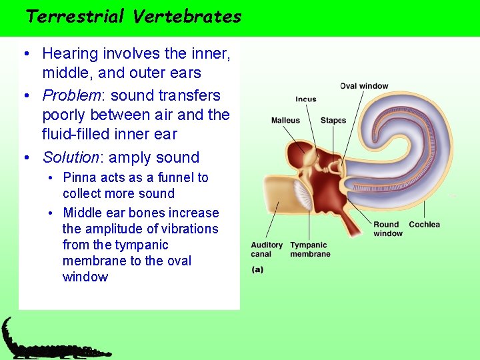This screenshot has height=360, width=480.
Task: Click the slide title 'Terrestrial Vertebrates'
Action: click(x=133, y=17)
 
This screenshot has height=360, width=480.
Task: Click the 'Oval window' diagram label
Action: click(x=364, y=86)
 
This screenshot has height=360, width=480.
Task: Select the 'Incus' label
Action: click(x=306, y=99)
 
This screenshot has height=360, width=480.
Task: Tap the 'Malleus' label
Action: click(x=285, y=121)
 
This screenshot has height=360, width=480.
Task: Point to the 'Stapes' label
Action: click(x=333, y=121)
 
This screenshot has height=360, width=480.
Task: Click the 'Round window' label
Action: click(x=387, y=229)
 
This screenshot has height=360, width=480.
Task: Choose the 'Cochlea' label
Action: click(x=424, y=225)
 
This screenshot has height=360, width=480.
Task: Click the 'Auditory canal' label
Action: click(x=267, y=249)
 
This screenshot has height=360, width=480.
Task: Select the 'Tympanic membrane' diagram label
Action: click(x=310, y=249)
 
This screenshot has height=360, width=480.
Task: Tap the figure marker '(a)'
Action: click(x=257, y=269)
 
